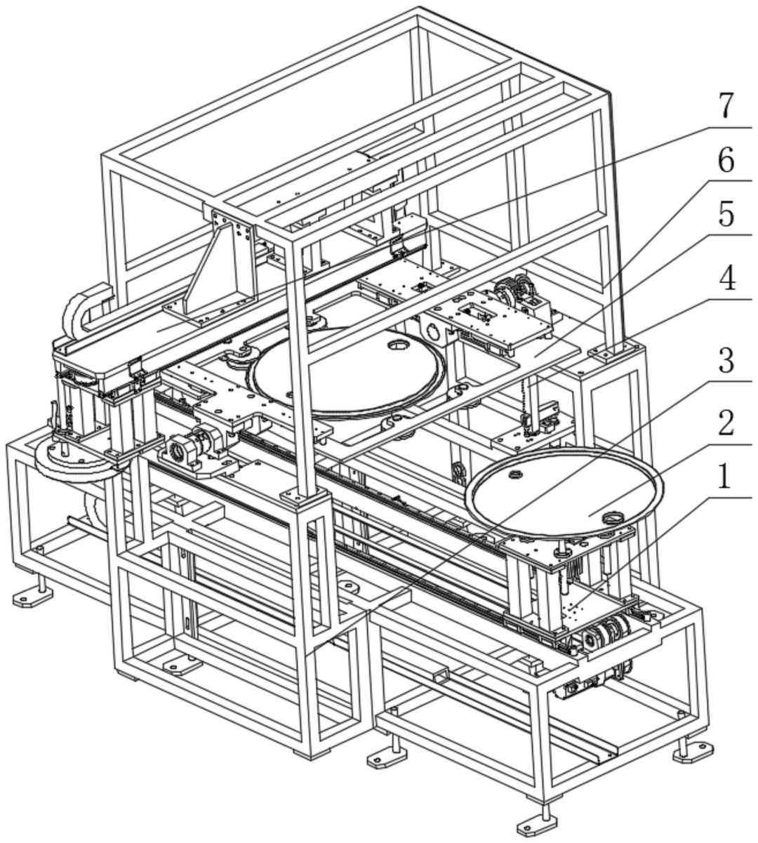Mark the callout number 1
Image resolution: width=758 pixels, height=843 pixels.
(724, 477)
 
